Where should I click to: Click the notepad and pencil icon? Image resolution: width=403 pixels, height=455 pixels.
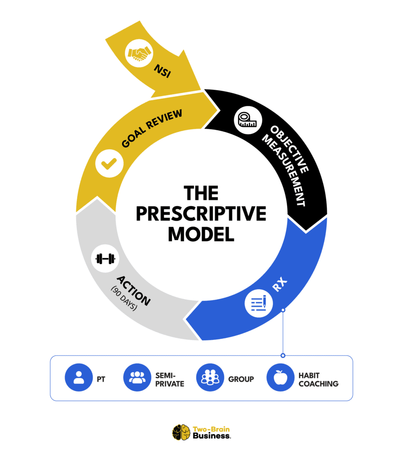point(259,304)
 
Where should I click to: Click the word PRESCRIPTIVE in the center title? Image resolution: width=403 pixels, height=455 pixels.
point(201,214)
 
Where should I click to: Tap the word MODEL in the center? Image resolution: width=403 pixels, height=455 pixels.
point(201,234)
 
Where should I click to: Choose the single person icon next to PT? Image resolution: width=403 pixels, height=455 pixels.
point(79,378)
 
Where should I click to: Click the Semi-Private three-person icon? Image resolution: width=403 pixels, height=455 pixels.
point(137,378)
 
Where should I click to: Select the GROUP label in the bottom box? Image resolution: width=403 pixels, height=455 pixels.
point(241,379)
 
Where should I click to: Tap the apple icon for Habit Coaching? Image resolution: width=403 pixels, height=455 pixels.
point(281,378)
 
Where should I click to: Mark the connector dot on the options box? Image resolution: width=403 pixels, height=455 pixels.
point(283,355)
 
